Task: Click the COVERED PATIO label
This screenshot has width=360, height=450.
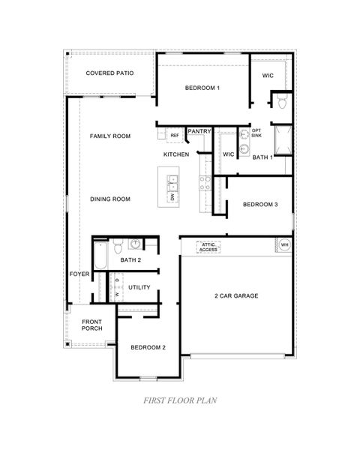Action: coord(109,73)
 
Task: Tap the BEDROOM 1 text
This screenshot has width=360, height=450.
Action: coord(202,88)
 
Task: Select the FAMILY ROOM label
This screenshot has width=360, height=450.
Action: coord(110,136)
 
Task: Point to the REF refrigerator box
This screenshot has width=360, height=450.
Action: coord(174,136)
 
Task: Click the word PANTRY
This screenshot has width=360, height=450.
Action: coord(199,131)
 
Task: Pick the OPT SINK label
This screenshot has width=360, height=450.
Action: coord(256,133)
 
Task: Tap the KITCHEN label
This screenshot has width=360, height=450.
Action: coord(176,154)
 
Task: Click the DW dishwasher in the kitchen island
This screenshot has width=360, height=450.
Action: coord(172,196)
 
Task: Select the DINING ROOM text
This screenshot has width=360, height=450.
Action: coord(110,199)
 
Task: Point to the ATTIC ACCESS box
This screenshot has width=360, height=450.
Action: coord(208,247)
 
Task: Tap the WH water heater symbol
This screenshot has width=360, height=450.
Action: coord(284,244)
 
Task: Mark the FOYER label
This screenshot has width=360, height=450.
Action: coord(79,274)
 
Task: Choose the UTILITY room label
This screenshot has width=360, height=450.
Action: coord(139,287)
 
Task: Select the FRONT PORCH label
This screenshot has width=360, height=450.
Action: coord(92,325)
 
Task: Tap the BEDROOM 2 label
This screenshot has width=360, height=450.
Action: coord(148,347)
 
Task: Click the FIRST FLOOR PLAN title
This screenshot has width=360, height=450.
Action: coord(179,400)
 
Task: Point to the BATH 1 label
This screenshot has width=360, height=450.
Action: coord(262,157)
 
